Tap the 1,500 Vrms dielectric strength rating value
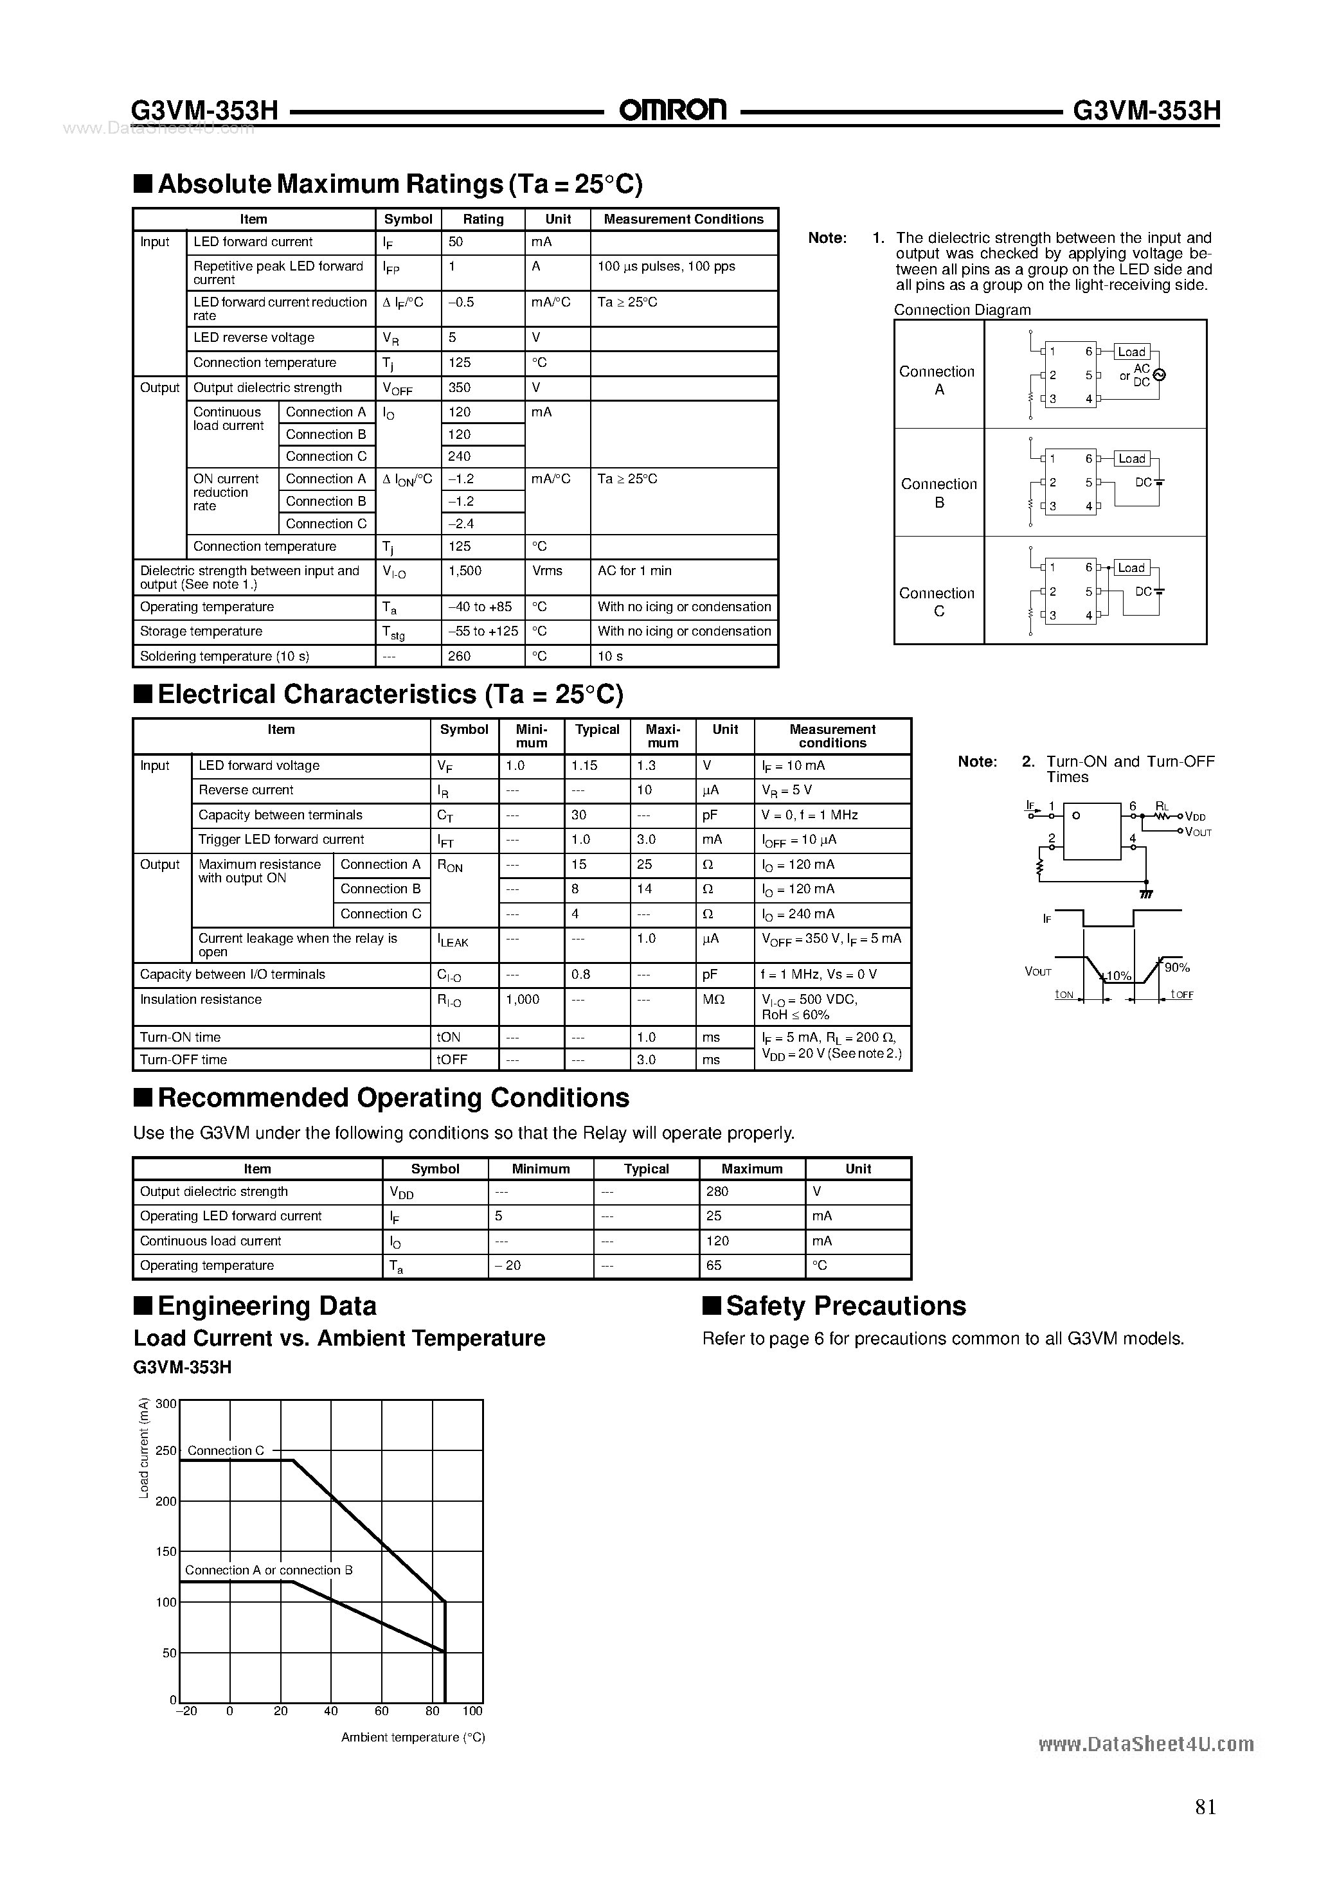tap(465, 571)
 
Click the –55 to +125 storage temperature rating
tap(483, 632)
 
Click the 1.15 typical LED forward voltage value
tap(584, 766)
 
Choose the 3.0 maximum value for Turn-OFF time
tap(646, 1060)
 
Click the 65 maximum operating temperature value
tap(713, 1266)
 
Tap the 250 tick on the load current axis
tap(165, 1451)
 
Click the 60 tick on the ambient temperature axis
tap(382, 1711)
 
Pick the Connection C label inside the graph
tap(225, 1451)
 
